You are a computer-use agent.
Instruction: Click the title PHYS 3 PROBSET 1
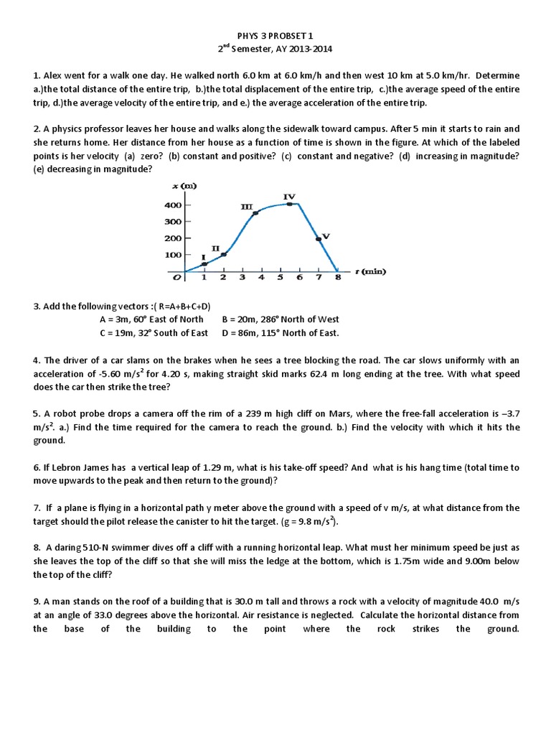pos(275,35)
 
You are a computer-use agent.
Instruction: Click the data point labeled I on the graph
pos(204,264)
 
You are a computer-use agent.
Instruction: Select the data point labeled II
pos(223,254)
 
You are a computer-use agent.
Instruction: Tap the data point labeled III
pos(256,213)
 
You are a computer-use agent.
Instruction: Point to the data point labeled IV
pos(289,204)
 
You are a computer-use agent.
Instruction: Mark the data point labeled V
pos(318,239)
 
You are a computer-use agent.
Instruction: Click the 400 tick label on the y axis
pos(173,205)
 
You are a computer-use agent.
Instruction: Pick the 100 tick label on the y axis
pos(173,255)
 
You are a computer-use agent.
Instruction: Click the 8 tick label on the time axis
pos(337,278)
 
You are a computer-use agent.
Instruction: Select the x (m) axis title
pos(184,186)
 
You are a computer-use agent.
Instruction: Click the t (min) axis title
pos(369,271)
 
